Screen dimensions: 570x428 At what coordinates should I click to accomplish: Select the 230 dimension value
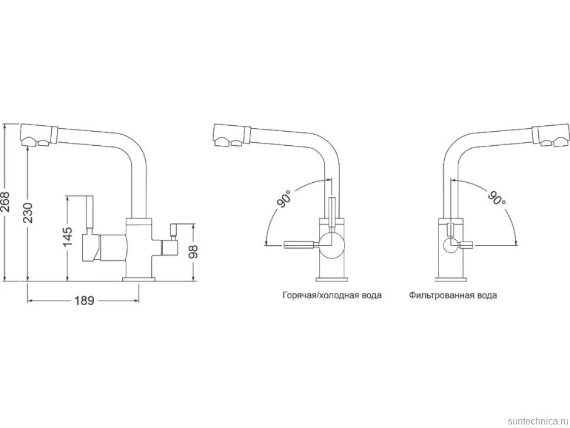28,213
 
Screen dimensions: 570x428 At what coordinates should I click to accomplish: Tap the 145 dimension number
68,236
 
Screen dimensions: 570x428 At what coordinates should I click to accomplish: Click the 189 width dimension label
85,301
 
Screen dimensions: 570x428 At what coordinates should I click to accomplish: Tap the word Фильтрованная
441,295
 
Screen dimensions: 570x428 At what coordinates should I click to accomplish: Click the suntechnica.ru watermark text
537,421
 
